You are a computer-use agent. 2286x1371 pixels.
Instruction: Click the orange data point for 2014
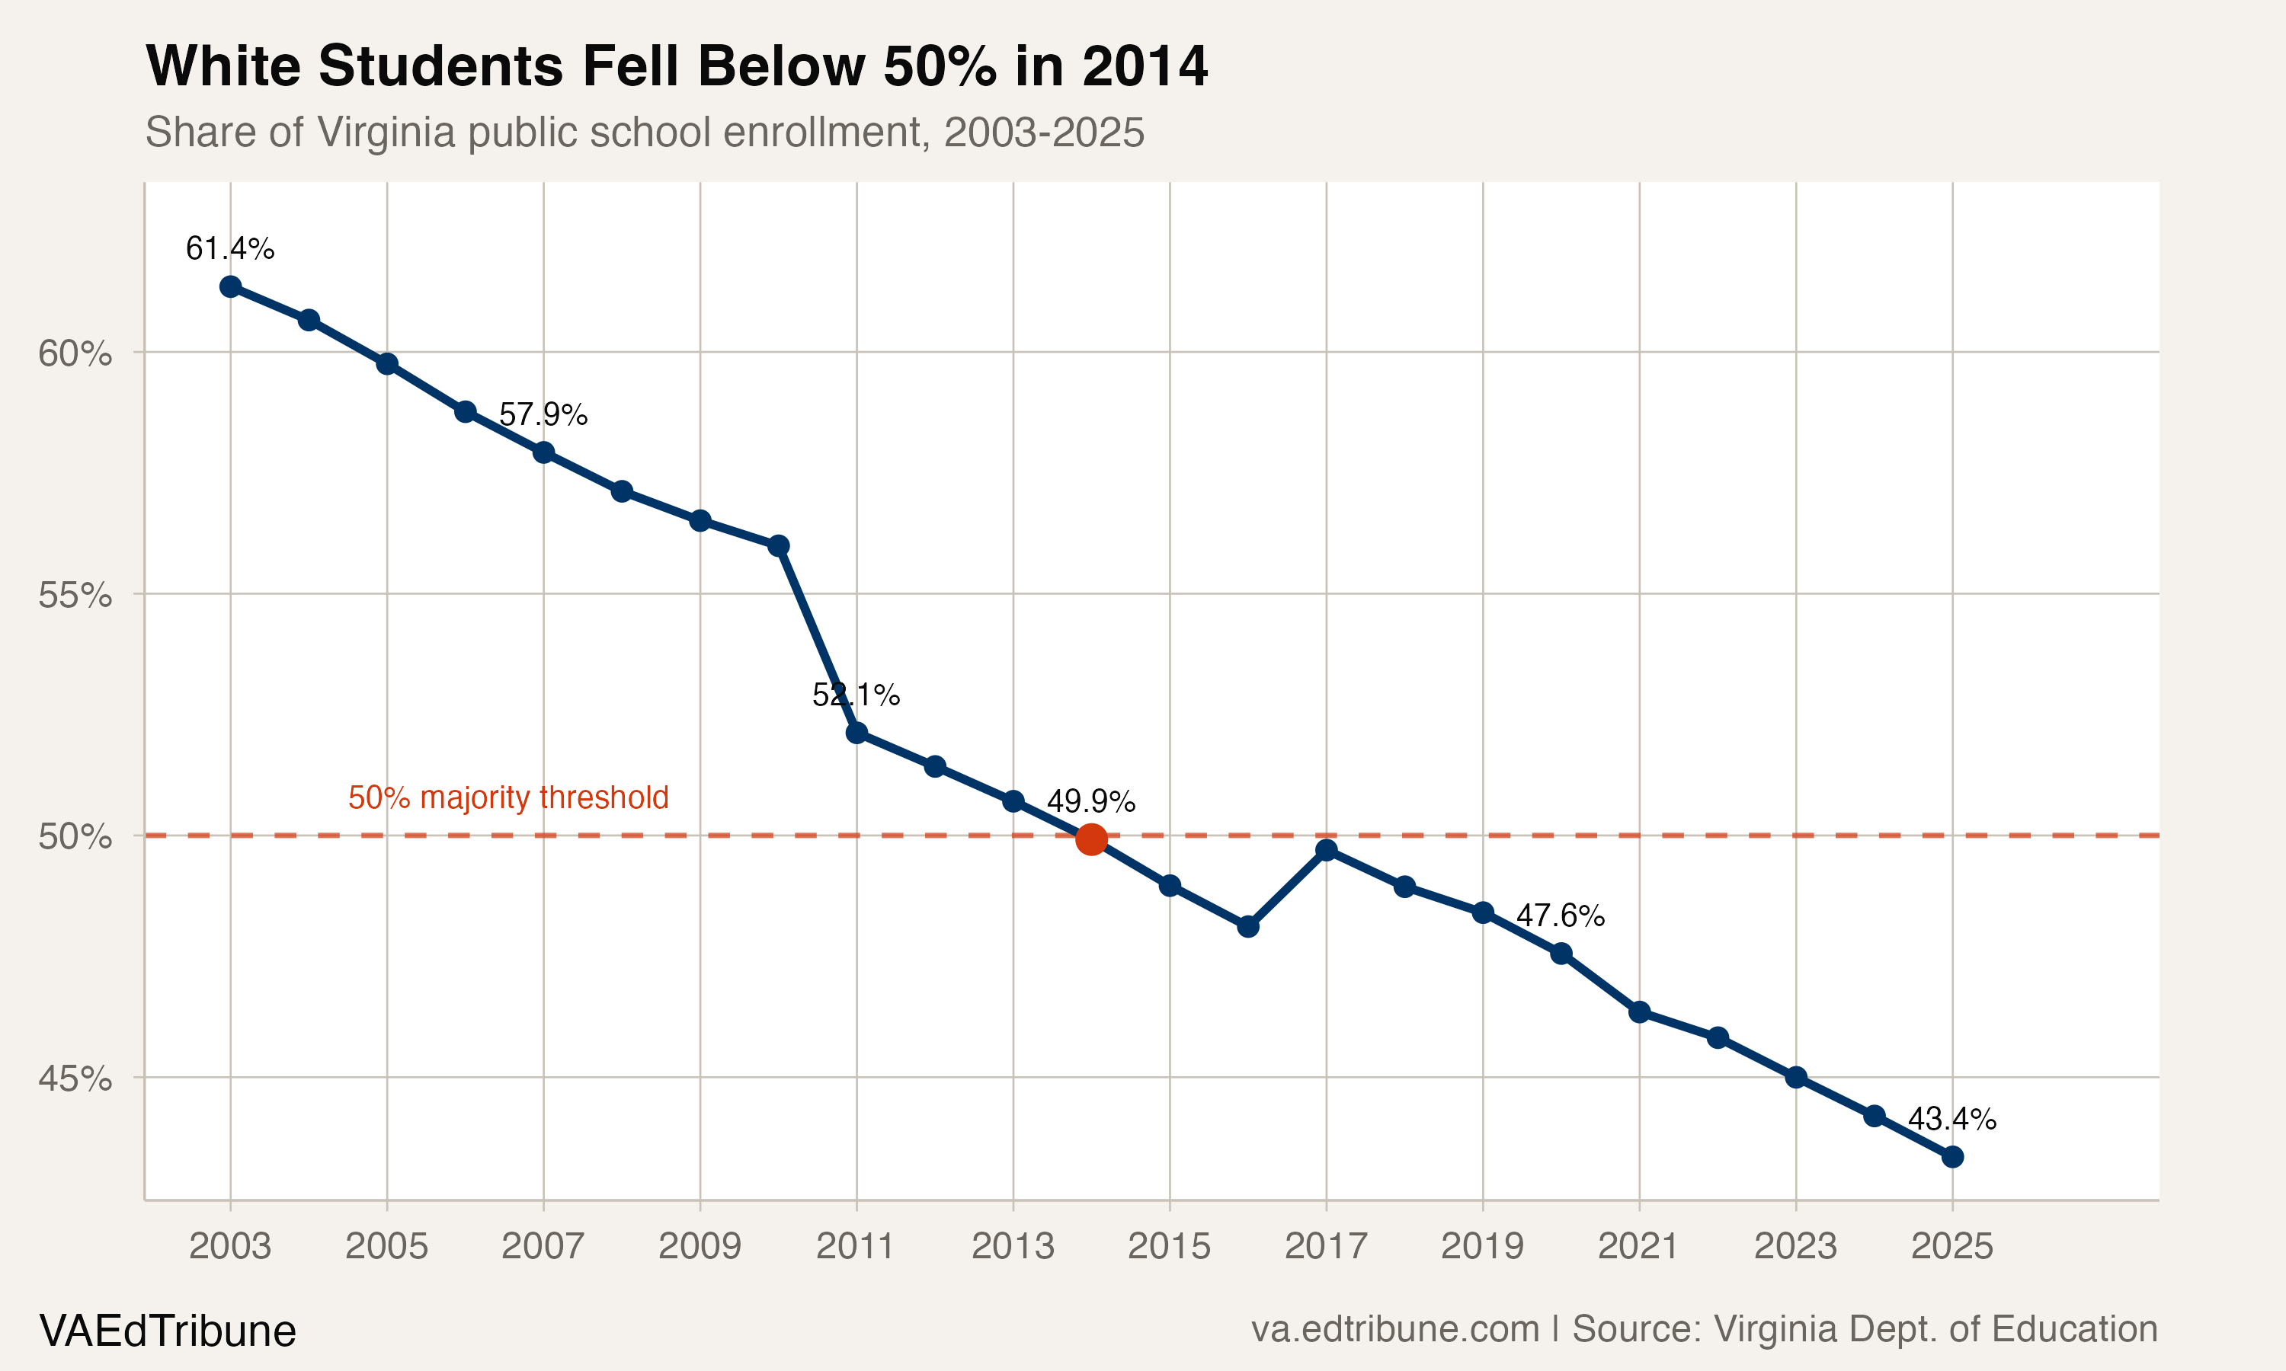click(1091, 839)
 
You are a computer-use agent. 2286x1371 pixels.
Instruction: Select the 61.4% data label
click(230, 248)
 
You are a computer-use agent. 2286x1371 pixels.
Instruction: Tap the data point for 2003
click(230, 286)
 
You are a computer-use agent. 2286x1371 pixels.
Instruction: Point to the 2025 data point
click(1951, 1157)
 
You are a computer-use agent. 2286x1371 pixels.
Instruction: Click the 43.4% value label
click(1951, 1119)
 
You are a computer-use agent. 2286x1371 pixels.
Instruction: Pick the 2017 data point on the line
click(1326, 850)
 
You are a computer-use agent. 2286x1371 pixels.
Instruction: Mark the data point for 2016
click(1247, 925)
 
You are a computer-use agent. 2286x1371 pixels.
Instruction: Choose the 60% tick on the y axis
click(75, 353)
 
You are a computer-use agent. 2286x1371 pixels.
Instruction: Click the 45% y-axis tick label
click(75, 1078)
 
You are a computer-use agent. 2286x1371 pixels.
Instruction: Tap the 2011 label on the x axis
click(856, 1246)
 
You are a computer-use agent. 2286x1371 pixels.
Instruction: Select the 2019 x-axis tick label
click(1482, 1246)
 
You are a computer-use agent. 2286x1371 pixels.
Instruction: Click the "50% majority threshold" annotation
click(508, 797)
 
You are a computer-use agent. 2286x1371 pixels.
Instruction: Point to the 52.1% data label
click(856, 695)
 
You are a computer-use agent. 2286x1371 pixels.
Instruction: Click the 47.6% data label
click(1561, 916)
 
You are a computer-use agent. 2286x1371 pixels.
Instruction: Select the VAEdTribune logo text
click(167, 1331)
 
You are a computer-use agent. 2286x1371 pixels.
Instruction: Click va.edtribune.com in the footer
click(1395, 1329)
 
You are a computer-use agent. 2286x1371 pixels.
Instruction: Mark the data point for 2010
click(778, 545)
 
